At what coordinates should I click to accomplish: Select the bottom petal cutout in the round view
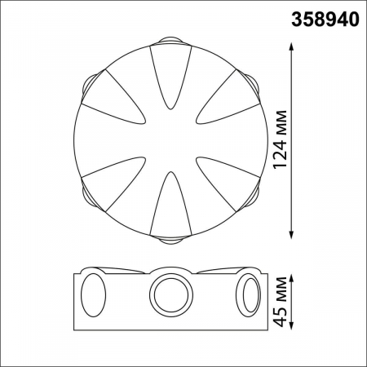point(170,200)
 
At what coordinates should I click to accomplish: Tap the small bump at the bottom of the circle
point(170,239)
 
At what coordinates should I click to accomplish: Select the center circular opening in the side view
point(170,293)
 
